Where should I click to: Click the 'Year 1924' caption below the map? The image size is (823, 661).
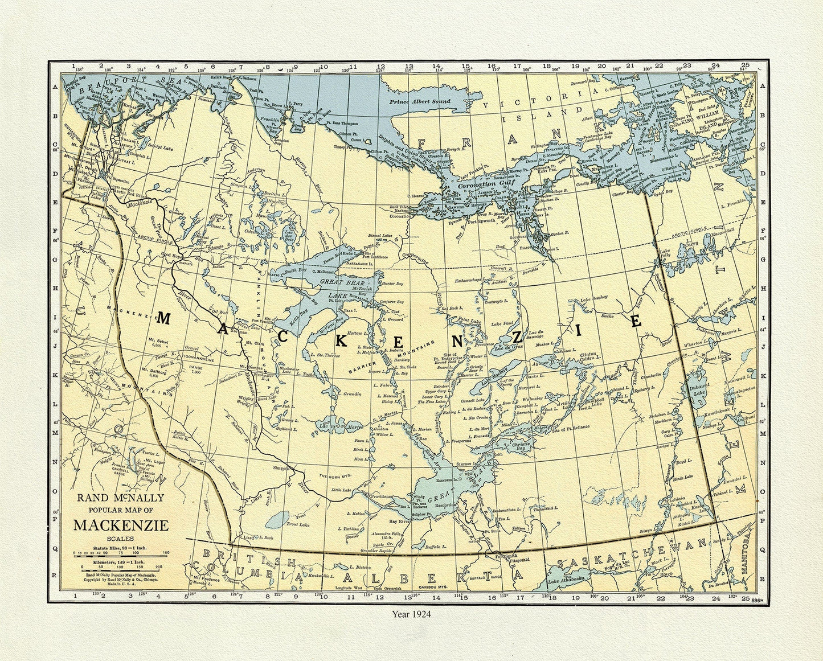[x=411, y=614]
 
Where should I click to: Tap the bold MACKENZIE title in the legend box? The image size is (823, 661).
[x=121, y=524]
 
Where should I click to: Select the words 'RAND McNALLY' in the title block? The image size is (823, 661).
[x=121, y=498]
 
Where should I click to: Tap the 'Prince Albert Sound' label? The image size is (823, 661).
[x=420, y=102]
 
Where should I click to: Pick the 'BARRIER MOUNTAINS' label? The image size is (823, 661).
[x=393, y=356]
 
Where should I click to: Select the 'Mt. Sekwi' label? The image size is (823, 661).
[x=154, y=338]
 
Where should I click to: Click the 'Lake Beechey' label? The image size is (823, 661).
[x=593, y=298]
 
